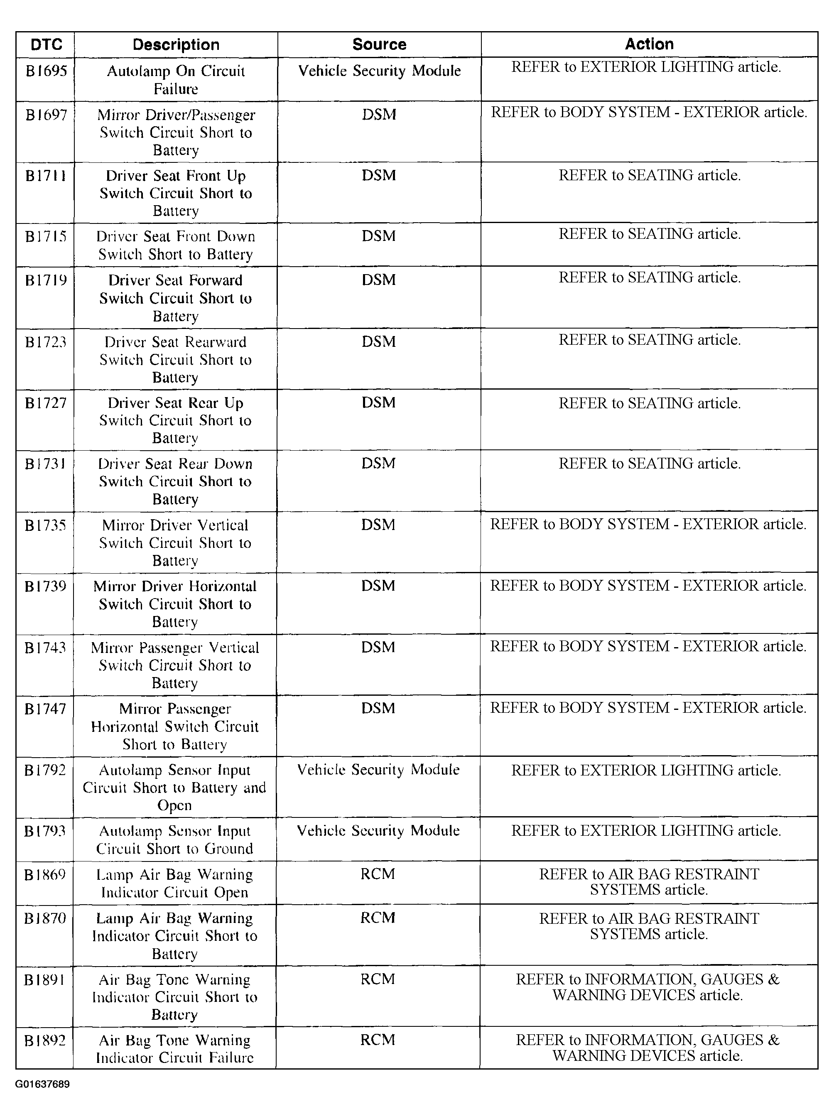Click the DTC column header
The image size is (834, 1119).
click(46, 44)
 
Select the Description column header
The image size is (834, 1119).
click(176, 44)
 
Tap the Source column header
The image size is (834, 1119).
click(379, 44)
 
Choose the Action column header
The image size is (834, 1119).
click(649, 44)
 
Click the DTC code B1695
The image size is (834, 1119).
click(46, 71)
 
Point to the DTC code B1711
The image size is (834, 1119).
click(46, 176)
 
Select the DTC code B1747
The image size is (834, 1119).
click(45, 709)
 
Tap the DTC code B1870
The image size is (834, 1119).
click(45, 918)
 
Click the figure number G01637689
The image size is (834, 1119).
click(42, 1084)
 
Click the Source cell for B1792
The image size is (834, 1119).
click(378, 770)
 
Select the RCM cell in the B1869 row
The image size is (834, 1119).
click(378, 874)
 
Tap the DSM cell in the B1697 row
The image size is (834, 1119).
click(379, 115)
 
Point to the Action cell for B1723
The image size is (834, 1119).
click(649, 340)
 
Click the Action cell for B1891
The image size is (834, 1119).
click(648, 987)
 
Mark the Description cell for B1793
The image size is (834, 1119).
click(175, 839)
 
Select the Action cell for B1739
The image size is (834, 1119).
click(648, 586)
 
